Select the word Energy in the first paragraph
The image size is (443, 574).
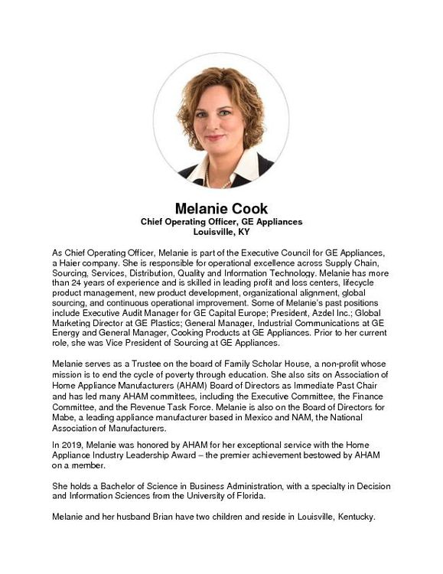(x=67, y=332)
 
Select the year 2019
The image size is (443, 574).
(x=71, y=445)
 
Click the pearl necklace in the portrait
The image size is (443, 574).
(x=207, y=177)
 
